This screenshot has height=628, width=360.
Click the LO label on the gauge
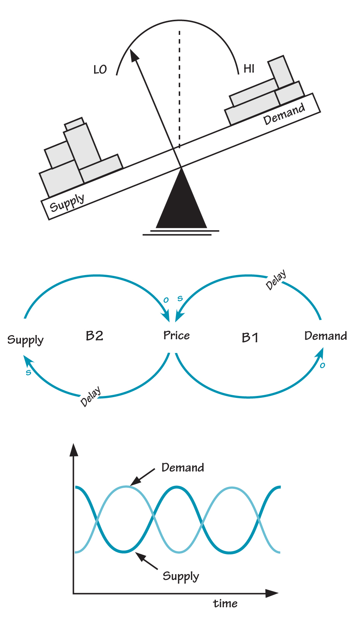(100, 70)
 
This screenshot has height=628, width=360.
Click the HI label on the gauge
(249, 69)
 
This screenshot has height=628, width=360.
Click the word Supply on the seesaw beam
(67, 202)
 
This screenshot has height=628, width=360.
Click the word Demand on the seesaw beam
(284, 114)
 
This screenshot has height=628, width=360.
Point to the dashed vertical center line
(179, 89)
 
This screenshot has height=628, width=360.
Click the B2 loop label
(95, 336)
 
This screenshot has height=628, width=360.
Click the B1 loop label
(250, 338)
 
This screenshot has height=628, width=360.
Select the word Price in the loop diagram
(177, 336)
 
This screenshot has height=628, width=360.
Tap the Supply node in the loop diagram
(26, 340)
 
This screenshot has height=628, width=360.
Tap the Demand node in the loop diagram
(326, 336)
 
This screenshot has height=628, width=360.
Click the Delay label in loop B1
(276, 280)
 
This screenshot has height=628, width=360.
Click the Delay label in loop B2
(91, 396)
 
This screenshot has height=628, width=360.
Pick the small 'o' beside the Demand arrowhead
(322, 365)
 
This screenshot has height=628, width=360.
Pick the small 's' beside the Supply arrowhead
(28, 373)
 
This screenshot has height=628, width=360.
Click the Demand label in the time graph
(183, 468)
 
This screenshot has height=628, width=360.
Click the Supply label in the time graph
(181, 576)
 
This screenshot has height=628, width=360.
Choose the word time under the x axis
(225, 604)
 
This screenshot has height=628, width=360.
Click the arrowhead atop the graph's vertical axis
(74, 449)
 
